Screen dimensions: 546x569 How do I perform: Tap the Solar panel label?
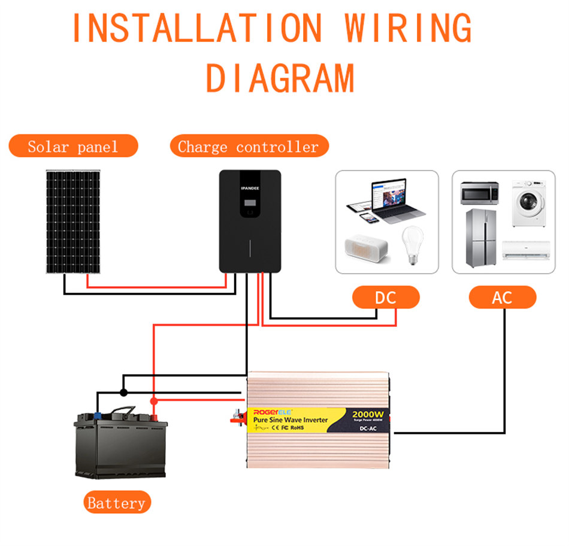coord(73,146)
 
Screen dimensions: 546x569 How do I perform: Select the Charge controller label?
coord(249,146)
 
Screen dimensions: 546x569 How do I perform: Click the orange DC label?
coord(386,297)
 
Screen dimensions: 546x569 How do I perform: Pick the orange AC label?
coord(502,297)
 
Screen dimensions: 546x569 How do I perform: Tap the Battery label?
coord(117,503)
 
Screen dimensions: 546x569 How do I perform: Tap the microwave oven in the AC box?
coord(479,193)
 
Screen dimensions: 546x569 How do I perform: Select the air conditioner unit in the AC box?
coord(526,249)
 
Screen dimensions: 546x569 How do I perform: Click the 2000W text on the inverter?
coord(369,414)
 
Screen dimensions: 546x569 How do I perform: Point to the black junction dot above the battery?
coord(123,392)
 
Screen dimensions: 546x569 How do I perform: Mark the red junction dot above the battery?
coord(153,401)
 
